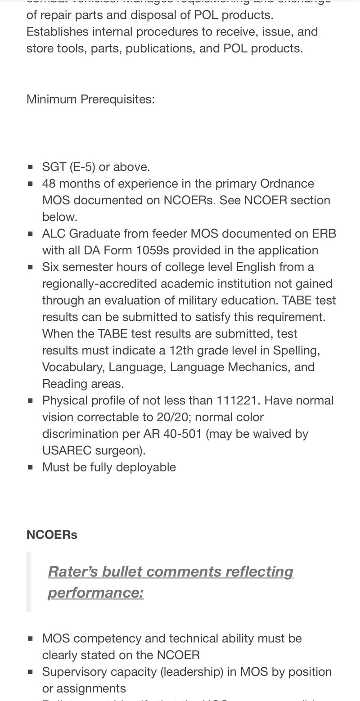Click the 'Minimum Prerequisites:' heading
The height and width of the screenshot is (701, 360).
coord(90,99)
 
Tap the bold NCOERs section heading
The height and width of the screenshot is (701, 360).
coord(52,535)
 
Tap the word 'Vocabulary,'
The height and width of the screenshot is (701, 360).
coord(73,367)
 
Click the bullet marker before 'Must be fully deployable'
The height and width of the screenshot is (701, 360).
coord(31,467)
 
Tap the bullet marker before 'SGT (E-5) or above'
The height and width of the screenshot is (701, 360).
coord(31,167)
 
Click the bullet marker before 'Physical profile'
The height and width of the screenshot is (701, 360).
coord(31,400)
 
